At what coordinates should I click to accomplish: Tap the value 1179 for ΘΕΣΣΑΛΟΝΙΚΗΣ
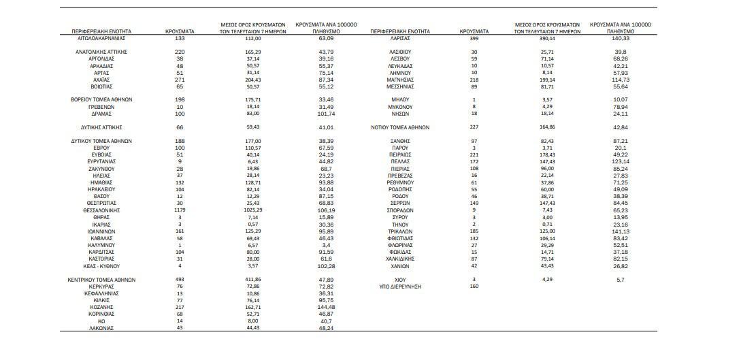(180, 210)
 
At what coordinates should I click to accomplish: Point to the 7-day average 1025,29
(253, 210)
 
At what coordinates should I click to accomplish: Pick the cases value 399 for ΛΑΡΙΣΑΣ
(474, 39)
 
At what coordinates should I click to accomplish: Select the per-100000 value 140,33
(620, 39)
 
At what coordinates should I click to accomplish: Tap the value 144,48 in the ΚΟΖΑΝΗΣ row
(325, 306)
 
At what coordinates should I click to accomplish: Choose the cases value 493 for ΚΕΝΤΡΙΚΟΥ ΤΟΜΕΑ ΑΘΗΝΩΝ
(180, 279)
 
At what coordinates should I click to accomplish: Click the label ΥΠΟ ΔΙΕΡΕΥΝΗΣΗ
(400, 287)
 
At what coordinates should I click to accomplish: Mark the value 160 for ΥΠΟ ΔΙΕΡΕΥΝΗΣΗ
(474, 287)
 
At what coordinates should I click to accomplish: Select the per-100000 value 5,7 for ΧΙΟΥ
(620, 279)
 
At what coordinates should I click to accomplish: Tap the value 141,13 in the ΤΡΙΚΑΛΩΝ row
(620, 231)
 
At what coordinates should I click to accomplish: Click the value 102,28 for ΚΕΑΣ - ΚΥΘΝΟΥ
(325, 265)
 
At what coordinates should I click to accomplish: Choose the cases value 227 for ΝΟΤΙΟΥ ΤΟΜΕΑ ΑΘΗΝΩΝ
(474, 127)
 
